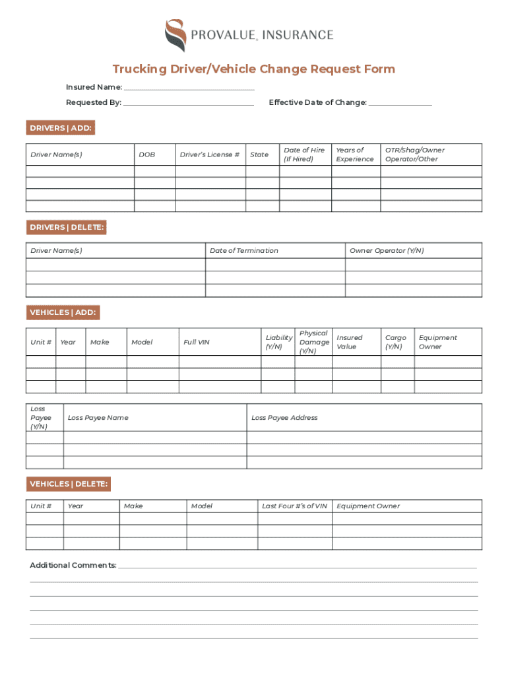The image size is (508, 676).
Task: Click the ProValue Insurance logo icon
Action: (175, 35)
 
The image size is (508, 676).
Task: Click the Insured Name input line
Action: (189, 88)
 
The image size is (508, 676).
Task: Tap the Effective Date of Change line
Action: (400, 103)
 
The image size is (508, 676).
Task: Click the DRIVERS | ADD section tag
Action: (61, 128)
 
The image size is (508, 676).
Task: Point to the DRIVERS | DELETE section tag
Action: (66, 228)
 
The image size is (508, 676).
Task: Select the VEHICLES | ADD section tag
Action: (63, 312)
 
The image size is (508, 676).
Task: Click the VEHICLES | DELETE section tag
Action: (68, 485)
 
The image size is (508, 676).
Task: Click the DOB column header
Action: (147, 154)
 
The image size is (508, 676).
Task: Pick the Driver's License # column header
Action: (210, 154)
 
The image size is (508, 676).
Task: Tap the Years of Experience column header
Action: (355, 154)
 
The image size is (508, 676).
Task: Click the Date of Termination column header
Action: (243, 251)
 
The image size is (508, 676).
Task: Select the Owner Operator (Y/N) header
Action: (387, 251)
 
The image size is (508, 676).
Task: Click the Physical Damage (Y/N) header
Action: (313, 342)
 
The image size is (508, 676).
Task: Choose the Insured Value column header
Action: (350, 342)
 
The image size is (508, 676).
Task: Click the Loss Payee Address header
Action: (284, 418)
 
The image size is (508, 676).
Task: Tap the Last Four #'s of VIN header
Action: (294, 506)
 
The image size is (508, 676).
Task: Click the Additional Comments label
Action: (73, 565)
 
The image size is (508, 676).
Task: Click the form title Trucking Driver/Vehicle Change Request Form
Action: (253, 69)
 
